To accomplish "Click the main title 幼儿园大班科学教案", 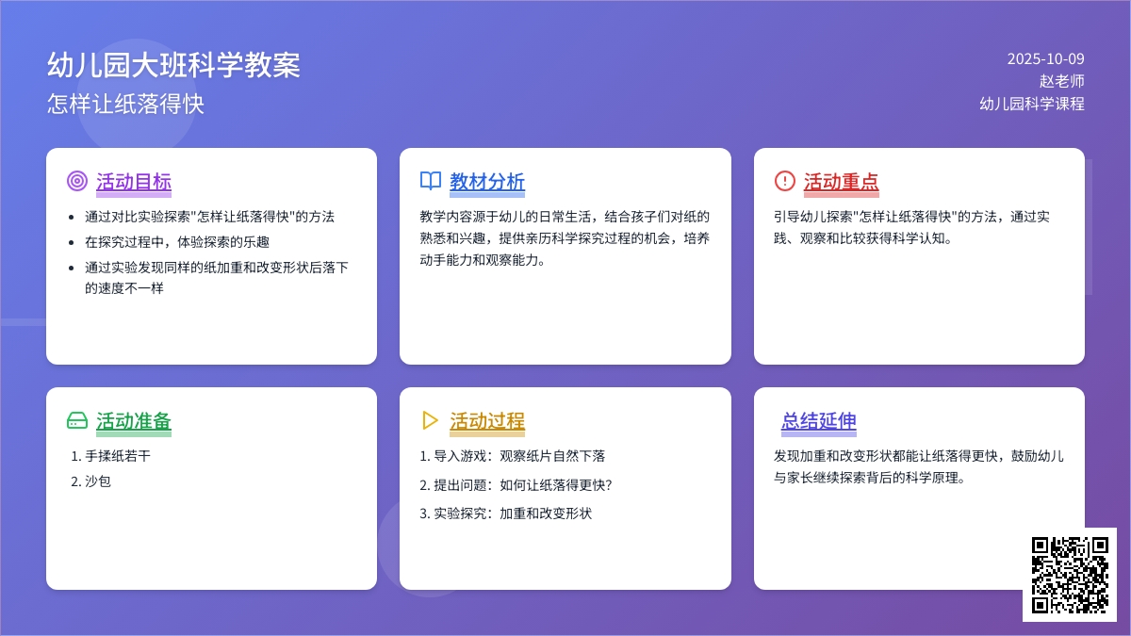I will click(173, 65).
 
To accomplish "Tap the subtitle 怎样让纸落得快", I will click(125, 104).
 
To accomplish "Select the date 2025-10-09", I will click(1045, 58).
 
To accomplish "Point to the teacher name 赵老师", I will click(1061, 81).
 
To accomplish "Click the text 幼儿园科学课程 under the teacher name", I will click(1032, 104).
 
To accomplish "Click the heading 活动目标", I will click(134, 181).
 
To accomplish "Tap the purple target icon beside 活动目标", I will click(77, 181).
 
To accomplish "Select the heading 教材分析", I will click(487, 181).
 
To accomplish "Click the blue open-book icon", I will click(431, 181).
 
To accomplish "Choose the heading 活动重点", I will click(841, 181).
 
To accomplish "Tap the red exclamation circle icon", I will click(784, 181).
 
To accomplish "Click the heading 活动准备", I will click(134, 420).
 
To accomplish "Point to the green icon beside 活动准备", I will click(77, 420).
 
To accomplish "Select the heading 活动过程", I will click(487, 420).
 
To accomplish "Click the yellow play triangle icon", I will click(431, 420).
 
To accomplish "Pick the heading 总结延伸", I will click(818, 420).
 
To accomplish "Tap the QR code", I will click(1070, 574).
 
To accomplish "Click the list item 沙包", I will click(97, 481).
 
